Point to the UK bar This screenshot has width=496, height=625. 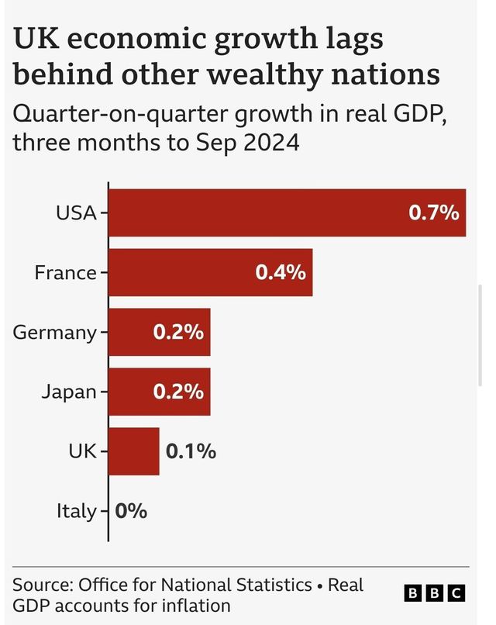(x=133, y=451)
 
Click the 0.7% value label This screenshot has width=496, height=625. (x=434, y=212)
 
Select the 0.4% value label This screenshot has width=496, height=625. (x=281, y=272)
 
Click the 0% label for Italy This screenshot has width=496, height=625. (x=131, y=511)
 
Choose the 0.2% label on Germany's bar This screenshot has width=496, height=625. (x=178, y=333)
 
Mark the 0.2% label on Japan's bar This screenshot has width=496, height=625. (x=178, y=392)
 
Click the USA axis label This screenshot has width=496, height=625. (x=76, y=212)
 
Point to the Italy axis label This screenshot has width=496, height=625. (x=76, y=511)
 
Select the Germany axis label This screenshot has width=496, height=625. (x=54, y=333)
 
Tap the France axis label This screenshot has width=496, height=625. (x=65, y=272)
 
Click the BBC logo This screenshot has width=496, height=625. (x=435, y=593)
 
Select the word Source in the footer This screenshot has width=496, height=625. (x=39, y=584)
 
